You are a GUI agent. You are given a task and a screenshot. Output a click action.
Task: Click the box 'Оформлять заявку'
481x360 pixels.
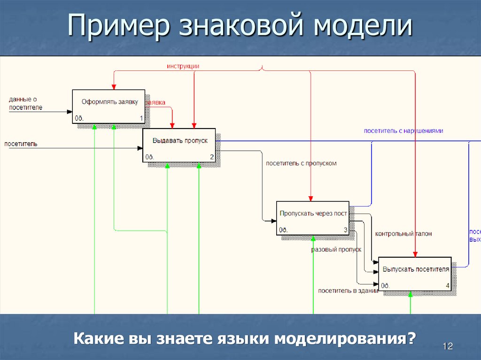(x=108, y=106)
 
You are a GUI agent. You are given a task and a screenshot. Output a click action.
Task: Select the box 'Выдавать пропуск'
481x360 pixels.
(x=179, y=145)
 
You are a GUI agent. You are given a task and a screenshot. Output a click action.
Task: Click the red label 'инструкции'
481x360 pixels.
(x=183, y=66)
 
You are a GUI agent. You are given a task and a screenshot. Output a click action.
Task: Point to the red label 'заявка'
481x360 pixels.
(x=155, y=102)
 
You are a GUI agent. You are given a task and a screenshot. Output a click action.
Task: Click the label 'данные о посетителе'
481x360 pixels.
(x=25, y=103)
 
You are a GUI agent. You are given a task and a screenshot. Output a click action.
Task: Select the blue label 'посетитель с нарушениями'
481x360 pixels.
(x=403, y=131)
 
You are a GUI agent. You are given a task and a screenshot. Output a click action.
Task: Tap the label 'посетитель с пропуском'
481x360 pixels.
(x=301, y=163)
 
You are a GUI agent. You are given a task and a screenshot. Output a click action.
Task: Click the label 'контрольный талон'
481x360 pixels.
(x=403, y=233)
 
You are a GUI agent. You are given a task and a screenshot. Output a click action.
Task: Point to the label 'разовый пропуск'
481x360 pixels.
(x=336, y=250)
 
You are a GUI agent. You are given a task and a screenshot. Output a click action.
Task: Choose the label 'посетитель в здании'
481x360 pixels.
(x=348, y=291)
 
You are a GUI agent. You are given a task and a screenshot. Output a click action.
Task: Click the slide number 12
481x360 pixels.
(x=447, y=346)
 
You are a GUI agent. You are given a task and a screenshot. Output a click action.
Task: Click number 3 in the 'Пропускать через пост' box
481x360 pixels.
(x=345, y=230)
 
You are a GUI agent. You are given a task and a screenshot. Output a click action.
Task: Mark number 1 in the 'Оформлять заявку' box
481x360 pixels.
(x=141, y=118)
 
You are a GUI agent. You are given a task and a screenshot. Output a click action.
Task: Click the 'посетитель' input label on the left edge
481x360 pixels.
(x=21, y=144)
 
